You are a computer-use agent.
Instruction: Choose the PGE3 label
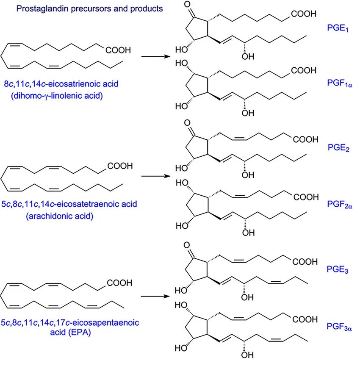click(338, 270)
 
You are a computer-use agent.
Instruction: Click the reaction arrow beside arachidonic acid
click(155, 176)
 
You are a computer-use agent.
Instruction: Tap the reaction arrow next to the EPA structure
click(155, 296)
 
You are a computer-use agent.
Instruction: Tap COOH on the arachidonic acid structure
click(120, 166)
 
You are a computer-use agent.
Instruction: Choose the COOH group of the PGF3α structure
click(304, 319)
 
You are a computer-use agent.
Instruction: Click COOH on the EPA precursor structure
click(120, 283)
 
